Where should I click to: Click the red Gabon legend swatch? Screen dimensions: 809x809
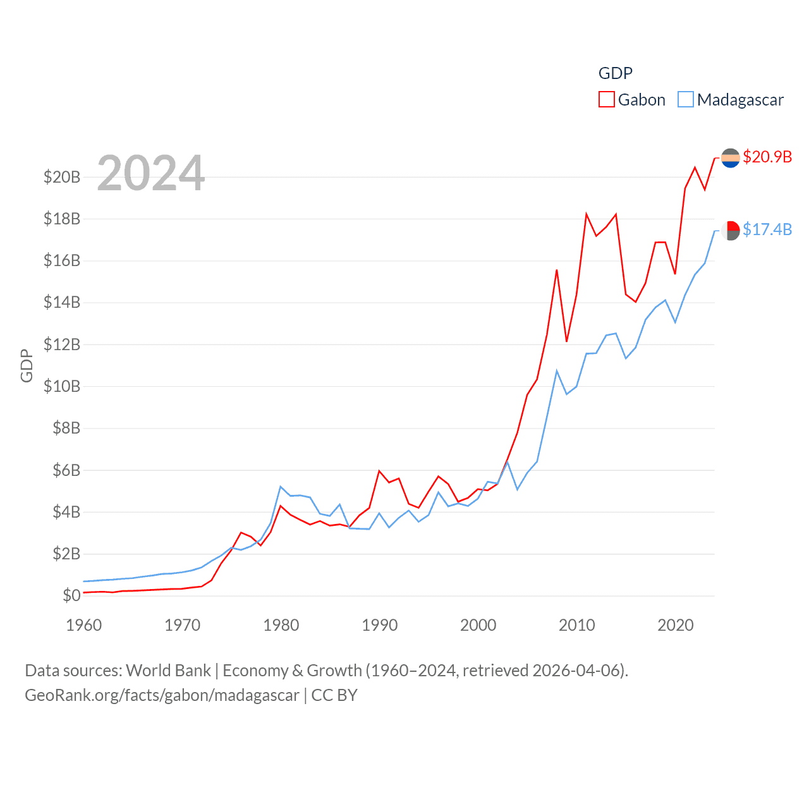click(606, 100)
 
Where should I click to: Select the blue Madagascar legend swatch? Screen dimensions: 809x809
click(686, 100)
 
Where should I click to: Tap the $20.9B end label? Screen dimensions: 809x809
click(767, 157)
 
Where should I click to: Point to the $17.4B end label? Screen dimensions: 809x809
click(767, 229)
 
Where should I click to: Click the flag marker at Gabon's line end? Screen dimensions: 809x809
click(731, 157)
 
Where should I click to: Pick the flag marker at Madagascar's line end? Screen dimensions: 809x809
click(731, 230)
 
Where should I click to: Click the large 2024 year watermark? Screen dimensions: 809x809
click(151, 173)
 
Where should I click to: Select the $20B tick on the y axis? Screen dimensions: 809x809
click(62, 177)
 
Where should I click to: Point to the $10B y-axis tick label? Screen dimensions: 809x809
click(62, 386)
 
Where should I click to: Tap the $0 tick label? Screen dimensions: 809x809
click(71, 595)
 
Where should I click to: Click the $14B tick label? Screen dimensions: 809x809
click(62, 303)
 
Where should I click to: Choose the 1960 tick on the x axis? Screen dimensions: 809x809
click(84, 625)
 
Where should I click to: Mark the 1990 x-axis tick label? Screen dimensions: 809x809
click(380, 625)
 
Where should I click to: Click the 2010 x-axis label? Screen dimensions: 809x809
click(577, 625)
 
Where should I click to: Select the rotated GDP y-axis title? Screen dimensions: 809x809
click(27, 365)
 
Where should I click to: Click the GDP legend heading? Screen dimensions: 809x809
click(615, 73)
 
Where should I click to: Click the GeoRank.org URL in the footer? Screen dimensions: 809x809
click(162, 695)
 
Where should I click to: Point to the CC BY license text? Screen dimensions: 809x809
click(334, 695)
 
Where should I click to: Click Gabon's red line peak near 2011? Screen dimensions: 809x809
click(587, 214)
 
